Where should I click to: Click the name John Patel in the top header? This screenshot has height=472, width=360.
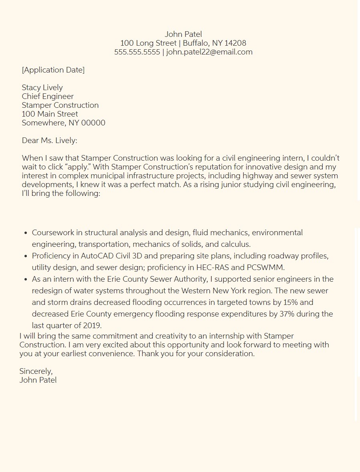coord(183,34)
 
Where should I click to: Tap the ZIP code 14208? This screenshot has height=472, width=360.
coord(235,43)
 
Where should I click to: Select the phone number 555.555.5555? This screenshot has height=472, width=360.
coord(137,52)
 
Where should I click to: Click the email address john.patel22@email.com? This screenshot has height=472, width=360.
coord(209,52)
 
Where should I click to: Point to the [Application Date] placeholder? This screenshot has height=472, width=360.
coord(53,70)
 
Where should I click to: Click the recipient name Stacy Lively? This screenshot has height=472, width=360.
coord(42,88)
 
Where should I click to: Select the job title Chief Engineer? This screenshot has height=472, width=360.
coord(48,97)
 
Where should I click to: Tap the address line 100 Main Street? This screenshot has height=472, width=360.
coord(50,114)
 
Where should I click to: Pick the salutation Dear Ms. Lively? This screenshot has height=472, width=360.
coord(49,141)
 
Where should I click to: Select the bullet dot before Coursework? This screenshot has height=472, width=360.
coord(26,233)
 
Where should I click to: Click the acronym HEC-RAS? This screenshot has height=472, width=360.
coord(212,268)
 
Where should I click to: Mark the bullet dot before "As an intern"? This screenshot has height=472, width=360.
coord(26,279)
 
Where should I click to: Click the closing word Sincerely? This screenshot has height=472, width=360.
coord(36,371)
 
